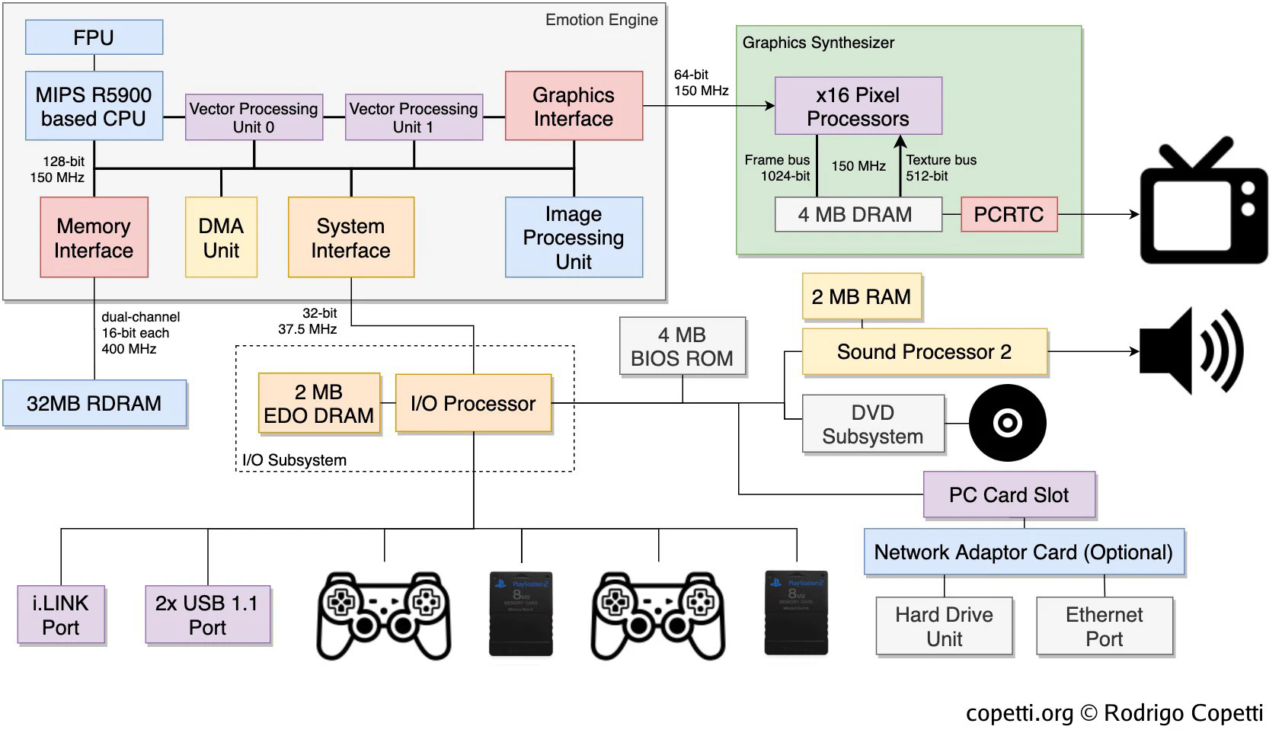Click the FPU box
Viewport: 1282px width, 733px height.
(94, 37)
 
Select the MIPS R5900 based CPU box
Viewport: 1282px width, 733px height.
(94, 106)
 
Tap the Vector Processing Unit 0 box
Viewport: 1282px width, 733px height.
(254, 117)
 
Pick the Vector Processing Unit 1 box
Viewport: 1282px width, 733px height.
(414, 117)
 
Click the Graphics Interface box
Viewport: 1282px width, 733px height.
(574, 106)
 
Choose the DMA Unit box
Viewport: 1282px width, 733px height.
(221, 237)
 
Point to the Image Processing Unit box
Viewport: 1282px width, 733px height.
(574, 237)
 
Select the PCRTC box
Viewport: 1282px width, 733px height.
(1009, 214)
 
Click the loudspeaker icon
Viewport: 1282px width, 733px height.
(1190, 351)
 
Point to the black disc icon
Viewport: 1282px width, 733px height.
(1007, 423)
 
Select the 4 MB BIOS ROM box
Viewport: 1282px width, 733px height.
(682, 347)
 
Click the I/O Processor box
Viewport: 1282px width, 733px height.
(473, 403)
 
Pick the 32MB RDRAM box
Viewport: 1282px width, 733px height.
(94, 403)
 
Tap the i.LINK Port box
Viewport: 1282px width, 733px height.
(61, 615)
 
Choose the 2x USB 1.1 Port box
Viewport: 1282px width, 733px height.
(207, 615)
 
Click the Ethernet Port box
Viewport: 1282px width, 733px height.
(1104, 626)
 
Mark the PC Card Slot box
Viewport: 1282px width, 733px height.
(1009, 495)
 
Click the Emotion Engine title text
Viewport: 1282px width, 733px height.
(601, 20)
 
